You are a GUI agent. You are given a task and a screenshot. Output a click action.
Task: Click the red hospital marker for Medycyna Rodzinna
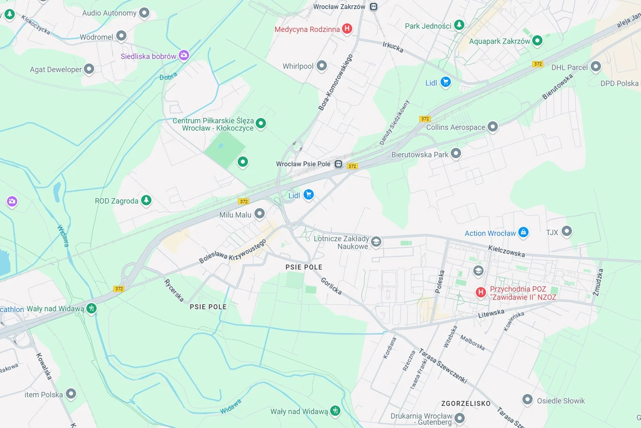(347, 29)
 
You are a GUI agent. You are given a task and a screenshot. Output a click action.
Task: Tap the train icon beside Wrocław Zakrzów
(374, 7)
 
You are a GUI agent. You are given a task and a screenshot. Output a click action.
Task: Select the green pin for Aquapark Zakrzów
(537, 41)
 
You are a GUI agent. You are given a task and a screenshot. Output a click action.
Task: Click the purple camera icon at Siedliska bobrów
(184, 55)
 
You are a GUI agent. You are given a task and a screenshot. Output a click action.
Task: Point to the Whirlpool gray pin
(321, 66)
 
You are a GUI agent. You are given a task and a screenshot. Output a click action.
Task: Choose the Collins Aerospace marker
(492, 126)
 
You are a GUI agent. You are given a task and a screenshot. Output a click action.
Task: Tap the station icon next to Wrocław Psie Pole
(338, 164)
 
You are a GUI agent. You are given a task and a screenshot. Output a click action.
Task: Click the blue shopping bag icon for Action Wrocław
(523, 232)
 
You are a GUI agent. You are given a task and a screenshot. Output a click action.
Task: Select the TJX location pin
(566, 231)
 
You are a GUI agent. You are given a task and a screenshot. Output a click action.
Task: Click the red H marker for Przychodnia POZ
(481, 292)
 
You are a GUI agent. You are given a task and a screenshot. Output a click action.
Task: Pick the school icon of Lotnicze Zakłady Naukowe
(376, 241)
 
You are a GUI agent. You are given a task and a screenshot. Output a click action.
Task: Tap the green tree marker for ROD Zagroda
(146, 200)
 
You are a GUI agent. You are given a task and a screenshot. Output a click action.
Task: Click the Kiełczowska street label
(506, 251)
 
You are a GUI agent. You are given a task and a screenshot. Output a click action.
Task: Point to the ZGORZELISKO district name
(465, 404)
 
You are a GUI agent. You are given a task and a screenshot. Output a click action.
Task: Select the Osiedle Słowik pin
(527, 400)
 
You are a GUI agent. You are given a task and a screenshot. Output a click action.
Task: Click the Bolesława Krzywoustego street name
(232, 251)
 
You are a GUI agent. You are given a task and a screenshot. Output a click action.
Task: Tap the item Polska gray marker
(71, 394)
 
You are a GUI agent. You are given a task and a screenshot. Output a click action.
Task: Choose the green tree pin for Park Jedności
(459, 25)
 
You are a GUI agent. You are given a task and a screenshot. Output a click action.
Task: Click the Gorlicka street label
(331, 286)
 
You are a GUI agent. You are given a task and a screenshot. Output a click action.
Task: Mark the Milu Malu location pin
(259, 214)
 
